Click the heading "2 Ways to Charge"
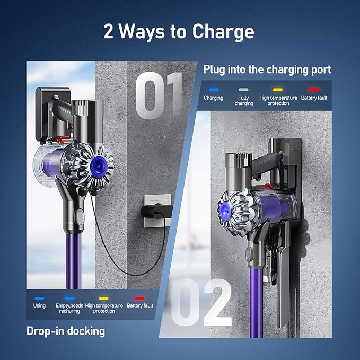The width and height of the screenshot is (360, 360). (x=179, y=31)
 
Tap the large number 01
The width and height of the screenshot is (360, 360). (x=159, y=95)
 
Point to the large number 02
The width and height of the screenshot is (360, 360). (x=201, y=302)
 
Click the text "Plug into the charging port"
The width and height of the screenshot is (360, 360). (x=267, y=69)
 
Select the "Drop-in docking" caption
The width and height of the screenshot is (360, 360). (x=66, y=331)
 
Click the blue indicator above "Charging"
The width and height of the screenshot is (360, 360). (x=214, y=90)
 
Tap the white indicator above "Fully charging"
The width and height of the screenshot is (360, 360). (x=243, y=90)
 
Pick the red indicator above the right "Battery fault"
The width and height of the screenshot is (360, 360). (x=314, y=90)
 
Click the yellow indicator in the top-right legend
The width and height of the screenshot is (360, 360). (x=278, y=90)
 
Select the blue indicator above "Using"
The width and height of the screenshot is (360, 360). (x=39, y=298)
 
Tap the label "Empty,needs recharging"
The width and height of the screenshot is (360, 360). (x=69, y=309)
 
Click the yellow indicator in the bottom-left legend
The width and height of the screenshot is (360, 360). (x=103, y=298)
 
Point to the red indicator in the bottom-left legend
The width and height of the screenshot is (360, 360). (x=139, y=298)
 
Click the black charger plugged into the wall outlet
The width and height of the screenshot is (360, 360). (x=156, y=211)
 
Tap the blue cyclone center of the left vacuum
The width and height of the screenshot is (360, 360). (x=99, y=165)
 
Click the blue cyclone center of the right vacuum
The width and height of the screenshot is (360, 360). (x=225, y=210)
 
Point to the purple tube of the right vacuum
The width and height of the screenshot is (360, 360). (x=257, y=303)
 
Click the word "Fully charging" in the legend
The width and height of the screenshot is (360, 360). (x=244, y=101)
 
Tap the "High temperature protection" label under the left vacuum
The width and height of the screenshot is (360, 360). (x=104, y=309)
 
